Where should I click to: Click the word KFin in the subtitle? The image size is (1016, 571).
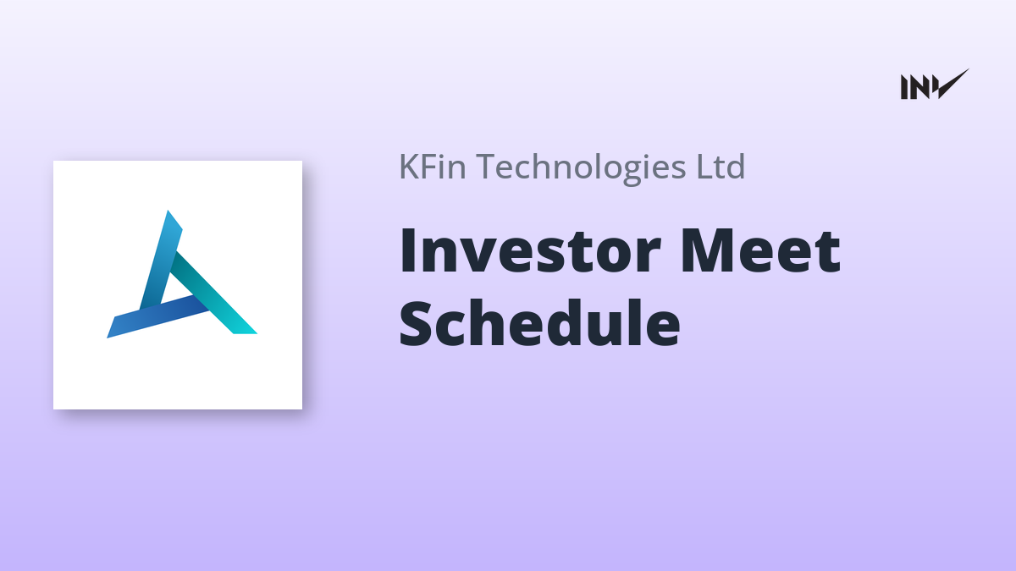click(433, 167)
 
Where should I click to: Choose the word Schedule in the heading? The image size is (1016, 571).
click(539, 322)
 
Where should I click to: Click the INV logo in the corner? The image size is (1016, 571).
click(935, 85)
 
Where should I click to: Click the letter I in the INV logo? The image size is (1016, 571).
click(904, 87)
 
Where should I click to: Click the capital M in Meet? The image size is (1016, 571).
click(706, 251)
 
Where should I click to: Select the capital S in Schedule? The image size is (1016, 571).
click(416, 323)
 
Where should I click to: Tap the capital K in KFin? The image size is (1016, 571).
click(410, 167)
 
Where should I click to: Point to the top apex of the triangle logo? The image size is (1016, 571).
click(168, 211)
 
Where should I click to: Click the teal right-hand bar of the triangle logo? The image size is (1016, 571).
click(213, 294)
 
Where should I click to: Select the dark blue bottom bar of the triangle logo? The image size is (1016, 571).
click(157, 316)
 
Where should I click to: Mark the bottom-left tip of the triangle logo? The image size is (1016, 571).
click(108, 337)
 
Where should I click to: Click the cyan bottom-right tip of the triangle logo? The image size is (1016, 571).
click(254, 332)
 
